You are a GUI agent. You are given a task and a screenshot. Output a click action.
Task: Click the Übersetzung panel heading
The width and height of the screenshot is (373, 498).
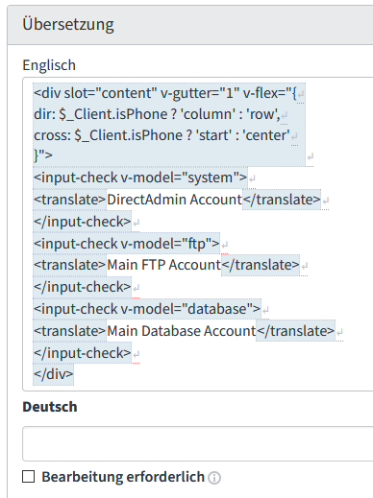(x=68, y=25)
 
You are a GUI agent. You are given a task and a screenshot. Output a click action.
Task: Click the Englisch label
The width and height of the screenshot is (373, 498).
(x=49, y=65)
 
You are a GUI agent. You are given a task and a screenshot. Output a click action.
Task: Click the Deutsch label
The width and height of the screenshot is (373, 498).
(x=50, y=407)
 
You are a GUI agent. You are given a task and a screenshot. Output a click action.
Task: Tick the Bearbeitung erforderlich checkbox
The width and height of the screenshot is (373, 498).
(x=29, y=476)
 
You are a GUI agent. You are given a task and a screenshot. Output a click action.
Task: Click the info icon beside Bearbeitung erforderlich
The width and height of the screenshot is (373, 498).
(x=214, y=478)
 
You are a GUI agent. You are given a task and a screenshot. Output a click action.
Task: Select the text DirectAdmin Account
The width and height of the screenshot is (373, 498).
(x=174, y=200)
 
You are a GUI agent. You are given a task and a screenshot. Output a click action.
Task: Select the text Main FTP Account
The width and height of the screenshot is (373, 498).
(x=163, y=265)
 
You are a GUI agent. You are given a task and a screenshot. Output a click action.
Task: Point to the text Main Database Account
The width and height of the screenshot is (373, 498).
(x=182, y=331)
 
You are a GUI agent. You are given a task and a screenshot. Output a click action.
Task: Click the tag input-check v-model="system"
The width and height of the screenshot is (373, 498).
(x=140, y=178)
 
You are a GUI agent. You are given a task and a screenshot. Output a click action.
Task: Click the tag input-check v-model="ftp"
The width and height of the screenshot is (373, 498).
(x=127, y=244)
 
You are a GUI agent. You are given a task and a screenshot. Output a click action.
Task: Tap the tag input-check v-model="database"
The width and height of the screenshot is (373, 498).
(x=147, y=309)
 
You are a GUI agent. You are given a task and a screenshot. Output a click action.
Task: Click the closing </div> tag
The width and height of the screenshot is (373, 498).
(x=54, y=374)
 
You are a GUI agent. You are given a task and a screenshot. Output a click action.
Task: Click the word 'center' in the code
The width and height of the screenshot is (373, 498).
(x=267, y=135)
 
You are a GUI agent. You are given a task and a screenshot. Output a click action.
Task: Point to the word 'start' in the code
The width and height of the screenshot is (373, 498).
(x=214, y=135)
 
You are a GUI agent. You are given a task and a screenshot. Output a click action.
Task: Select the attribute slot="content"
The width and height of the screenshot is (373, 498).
(x=110, y=93)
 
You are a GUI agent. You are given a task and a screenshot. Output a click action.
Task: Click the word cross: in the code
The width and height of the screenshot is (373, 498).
(x=52, y=135)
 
